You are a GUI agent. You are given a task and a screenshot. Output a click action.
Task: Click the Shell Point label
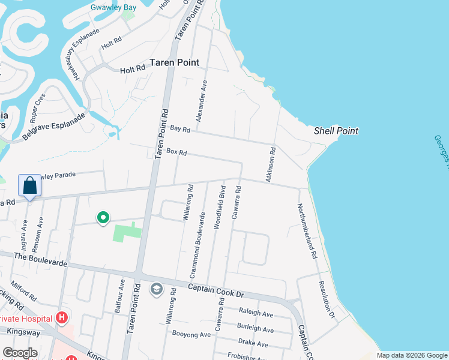(x=336, y=131)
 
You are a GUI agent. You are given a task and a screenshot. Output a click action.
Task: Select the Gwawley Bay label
(x=113, y=8)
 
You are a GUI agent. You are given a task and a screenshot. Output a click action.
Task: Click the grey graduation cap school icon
(x=157, y=290)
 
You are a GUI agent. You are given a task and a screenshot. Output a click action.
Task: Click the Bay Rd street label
(x=180, y=129)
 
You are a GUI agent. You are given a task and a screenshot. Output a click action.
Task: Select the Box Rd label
(x=176, y=153)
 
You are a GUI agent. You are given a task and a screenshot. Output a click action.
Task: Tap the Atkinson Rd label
(x=270, y=164)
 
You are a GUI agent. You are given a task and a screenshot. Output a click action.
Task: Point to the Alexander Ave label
(x=203, y=99)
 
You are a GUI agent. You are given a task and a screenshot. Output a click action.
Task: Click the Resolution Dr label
(x=326, y=299)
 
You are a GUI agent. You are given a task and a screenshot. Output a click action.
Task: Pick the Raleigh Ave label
(x=256, y=314)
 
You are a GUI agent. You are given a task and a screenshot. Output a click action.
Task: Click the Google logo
(x=20, y=353)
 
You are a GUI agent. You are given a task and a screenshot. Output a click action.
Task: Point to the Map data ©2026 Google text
(x=411, y=355)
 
